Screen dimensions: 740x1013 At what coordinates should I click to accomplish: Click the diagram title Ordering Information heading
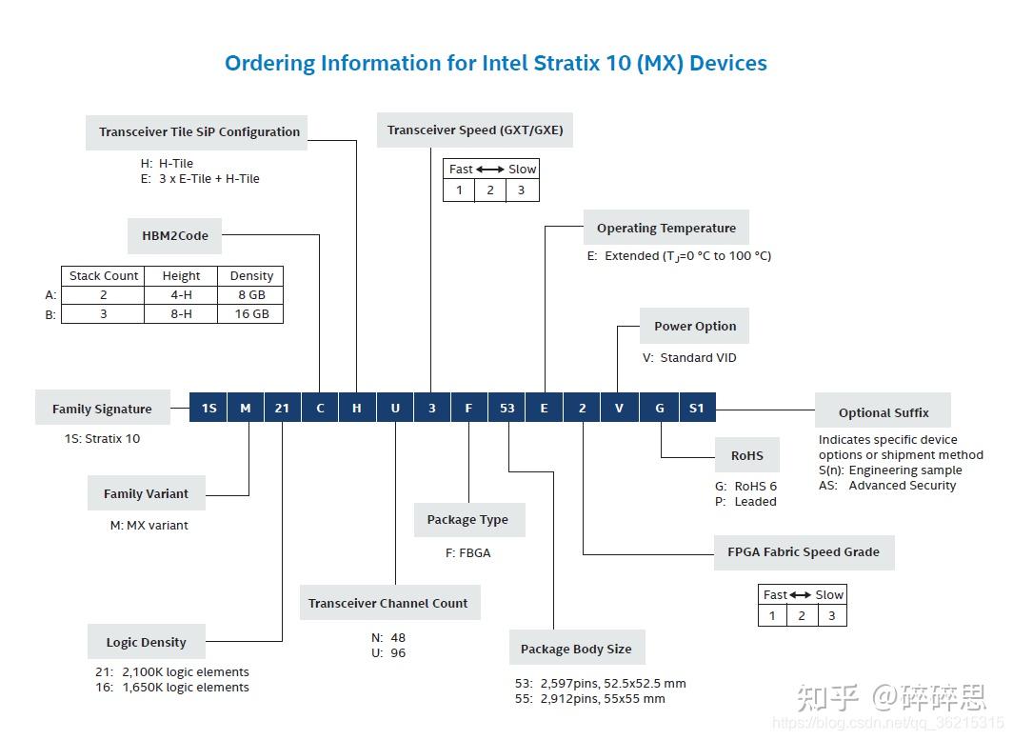click(x=495, y=64)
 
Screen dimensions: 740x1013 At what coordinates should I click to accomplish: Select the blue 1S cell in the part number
click(x=209, y=408)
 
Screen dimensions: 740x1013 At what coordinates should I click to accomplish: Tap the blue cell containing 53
click(x=506, y=408)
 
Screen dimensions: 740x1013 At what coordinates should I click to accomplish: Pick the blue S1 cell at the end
click(x=696, y=408)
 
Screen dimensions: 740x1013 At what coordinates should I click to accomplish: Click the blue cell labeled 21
click(x=282, y=408)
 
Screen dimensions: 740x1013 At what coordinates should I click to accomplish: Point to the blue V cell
click(x=619, y=408)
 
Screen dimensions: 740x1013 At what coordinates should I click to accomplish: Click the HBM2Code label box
click(x=175, y=235)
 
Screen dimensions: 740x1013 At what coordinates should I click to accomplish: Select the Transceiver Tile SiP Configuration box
click(x=199, y=131)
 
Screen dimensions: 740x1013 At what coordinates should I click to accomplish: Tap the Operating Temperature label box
click(x=665, y=228)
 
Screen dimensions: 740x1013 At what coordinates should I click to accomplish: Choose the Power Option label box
click(x=694, y=326)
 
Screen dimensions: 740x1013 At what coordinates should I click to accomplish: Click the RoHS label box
click(x=746, y=455)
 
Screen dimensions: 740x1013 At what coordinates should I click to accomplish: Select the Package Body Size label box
click(x=575, y=649)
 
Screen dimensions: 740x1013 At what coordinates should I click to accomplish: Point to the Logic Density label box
click(x=146, y=642)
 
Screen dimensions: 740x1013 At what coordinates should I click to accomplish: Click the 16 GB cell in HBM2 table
click(x=251, y=313)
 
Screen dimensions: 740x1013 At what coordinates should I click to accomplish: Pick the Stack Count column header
click(x=104, y=275)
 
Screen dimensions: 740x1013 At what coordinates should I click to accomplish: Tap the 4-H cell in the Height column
click(x=181, y=294)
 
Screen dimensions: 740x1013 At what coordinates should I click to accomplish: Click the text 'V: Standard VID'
click(x=689, y=358)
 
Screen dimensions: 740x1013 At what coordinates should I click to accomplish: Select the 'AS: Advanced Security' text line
click(x=886, y=485)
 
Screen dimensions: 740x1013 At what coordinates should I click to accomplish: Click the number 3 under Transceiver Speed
click(x=521, y=190)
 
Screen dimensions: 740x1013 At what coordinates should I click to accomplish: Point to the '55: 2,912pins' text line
click(x=589, y=698)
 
